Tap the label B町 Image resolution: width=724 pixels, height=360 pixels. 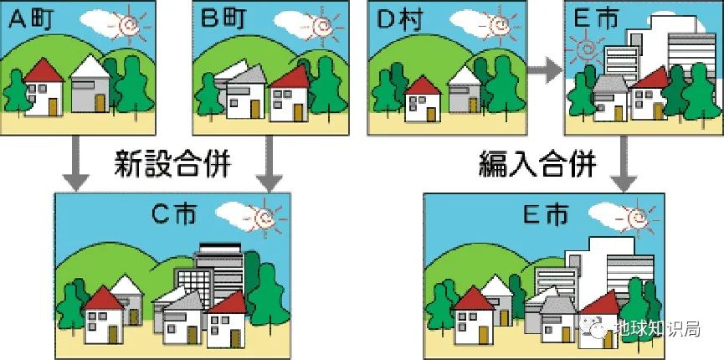221,19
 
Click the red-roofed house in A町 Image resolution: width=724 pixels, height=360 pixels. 43,89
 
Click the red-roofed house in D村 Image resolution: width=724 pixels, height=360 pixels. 422,99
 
